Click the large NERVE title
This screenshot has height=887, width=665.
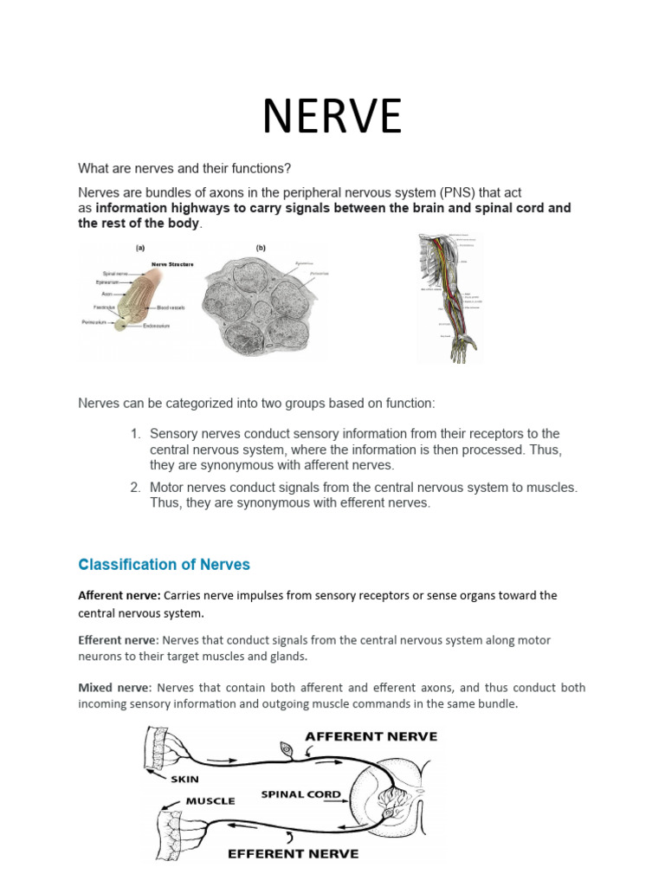tap(332, 116)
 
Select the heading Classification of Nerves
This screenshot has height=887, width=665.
tap(164, 565)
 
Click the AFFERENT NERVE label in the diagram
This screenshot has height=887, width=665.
tap(371, 736)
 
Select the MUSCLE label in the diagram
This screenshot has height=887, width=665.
tap(210, 801)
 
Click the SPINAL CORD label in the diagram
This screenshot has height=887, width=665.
tap(301, 793)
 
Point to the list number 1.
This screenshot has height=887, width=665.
tap(135, 433)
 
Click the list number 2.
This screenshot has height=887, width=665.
tap(135, 488)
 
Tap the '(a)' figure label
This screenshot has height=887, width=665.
tap(139, 247)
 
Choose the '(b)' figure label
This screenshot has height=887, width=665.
tap(261, 247)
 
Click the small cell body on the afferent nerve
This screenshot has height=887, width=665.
tap(287, 748)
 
